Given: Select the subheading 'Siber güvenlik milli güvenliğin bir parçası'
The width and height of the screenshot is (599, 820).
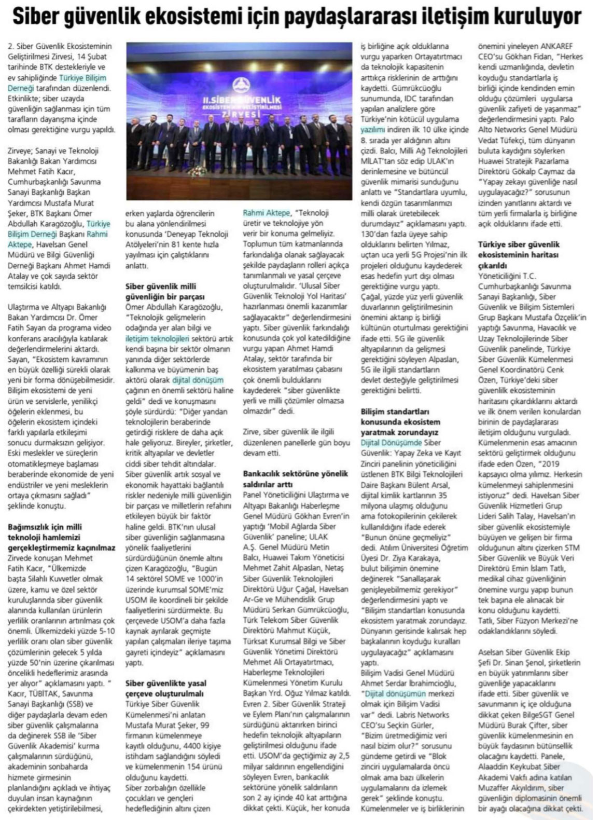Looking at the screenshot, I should [x=161, y=291].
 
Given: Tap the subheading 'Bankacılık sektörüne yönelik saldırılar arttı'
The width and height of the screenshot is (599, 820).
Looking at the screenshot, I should [x=296, y=479].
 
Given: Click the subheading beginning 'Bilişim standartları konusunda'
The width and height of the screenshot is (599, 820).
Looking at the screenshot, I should [x=400, y=422].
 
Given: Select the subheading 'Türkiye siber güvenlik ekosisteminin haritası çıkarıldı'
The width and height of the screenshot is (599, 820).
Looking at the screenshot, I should [x=519, y=250].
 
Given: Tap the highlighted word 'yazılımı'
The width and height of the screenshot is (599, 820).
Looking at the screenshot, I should [x=372, y=130].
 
